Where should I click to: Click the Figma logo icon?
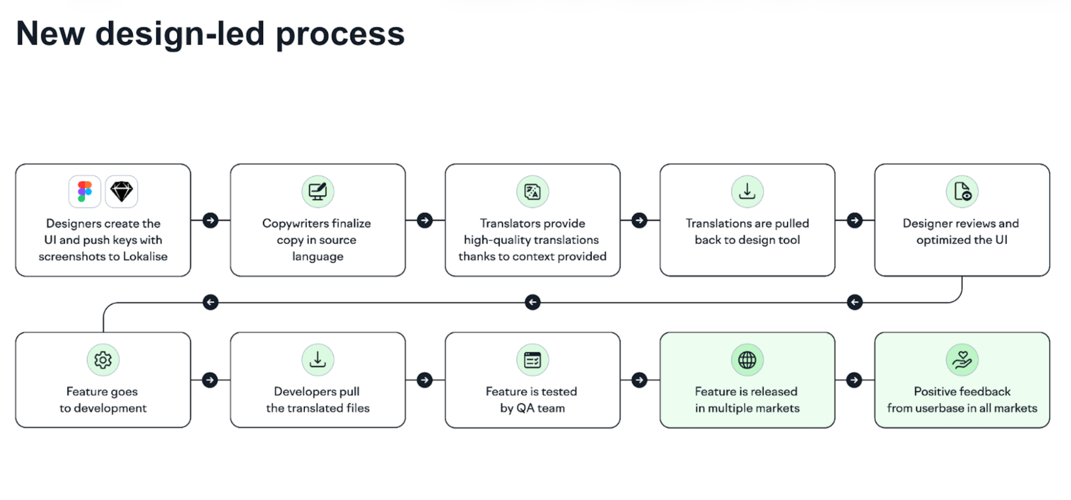coord(85,191)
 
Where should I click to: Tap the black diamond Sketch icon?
coord(122,191)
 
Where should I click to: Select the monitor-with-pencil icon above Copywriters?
coord(318,191)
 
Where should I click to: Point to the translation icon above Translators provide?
coord(533,191)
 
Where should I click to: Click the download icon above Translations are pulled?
coord(747,191)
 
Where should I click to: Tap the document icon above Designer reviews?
coord(962,191)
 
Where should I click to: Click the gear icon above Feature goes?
coord(103,360)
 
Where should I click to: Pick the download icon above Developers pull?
coord(318,360)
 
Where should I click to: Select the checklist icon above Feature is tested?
coord(533,360)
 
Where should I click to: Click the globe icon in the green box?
coord(747,360)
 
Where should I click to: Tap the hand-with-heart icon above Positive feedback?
coord(962,360)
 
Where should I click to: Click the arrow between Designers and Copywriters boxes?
coord(211,220)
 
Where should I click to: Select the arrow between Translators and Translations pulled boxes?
coord(639,220)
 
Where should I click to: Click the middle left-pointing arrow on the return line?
coord(533,302)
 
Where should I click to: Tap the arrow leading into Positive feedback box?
coord(855,380)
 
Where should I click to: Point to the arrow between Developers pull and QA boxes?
coord(425,380)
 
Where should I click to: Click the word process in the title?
coord(340,34)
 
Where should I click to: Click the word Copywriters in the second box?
coord(295,223)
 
